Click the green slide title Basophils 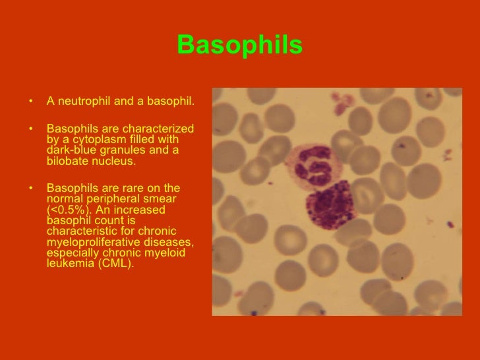point(239,45)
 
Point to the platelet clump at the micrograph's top point(344,103)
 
